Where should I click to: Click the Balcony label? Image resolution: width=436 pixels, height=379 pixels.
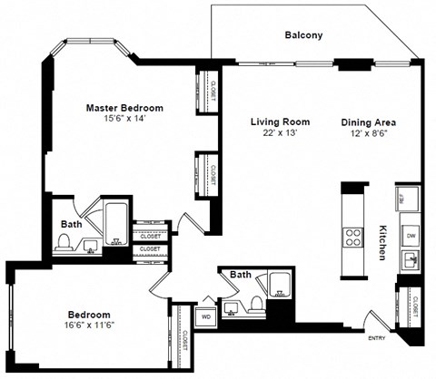[x=303, y=35]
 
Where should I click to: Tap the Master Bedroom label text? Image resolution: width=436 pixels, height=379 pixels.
[x=124, y=107]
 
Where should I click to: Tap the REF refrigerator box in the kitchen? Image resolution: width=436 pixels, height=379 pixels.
[x=402, y=198]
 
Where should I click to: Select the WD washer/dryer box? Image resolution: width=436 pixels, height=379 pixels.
[x=206, y=317]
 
